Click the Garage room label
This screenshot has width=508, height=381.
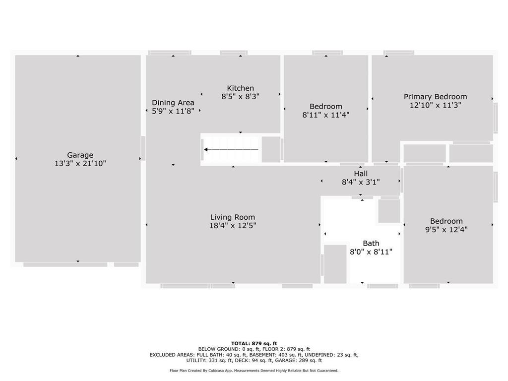[80, 155]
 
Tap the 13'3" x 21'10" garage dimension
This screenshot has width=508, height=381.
[80, 163]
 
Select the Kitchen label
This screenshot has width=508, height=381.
[241, 88]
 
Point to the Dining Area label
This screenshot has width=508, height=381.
[173, 103]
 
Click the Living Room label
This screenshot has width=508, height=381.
[233, 217]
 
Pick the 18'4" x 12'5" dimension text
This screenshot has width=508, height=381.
[233, 226]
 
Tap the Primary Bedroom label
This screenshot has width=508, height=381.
[436, 97]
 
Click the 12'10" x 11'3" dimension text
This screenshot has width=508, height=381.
[436, 105]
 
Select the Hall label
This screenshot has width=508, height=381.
[361, 174]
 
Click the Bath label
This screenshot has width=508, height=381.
[371, 243]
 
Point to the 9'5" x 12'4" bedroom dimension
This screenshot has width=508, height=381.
[446, 229]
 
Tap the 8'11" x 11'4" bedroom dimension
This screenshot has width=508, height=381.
[325, 115]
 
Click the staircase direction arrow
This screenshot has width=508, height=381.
[231, 150]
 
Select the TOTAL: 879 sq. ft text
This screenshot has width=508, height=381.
[254, 343]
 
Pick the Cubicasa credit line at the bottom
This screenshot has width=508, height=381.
[254, 371]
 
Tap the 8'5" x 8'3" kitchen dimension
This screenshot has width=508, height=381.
[241, 97]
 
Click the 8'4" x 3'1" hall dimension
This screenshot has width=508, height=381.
[361, 182]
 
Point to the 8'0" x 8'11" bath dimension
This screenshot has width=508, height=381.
[371, 252]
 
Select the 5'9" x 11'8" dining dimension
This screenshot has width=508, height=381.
[173, 111]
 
